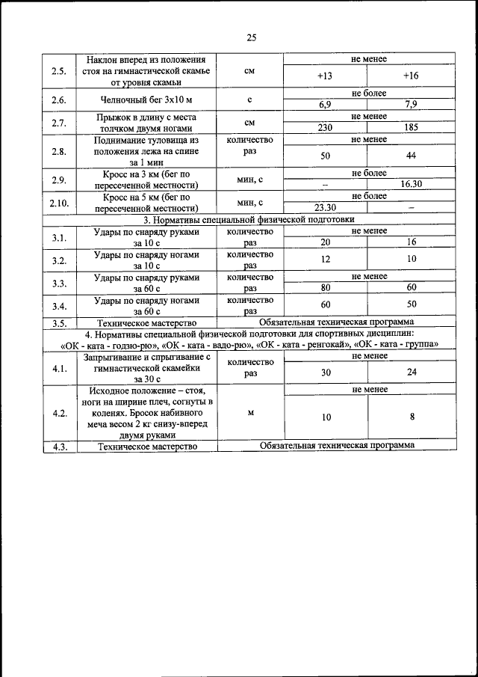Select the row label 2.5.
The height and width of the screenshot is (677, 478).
[x=58, y=71]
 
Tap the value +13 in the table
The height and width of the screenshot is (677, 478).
[x=325, y=76]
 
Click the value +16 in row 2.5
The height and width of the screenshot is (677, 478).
[x=411, y=76]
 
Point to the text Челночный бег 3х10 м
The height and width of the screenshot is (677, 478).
[x=146, y=99]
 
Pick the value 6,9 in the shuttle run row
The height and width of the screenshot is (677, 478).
[x=325, y=104]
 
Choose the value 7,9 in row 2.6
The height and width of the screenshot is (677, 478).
[x=411, y=104]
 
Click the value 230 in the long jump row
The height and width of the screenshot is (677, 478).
[x=325, y=127]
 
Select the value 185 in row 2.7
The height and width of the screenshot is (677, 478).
[x=411, y=127]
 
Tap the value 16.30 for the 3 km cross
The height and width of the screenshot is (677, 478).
[x=411, y=184]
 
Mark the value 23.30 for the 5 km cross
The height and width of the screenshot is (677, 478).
[x=325, y=208]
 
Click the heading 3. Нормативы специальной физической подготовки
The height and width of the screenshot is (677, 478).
[x=249, y=219]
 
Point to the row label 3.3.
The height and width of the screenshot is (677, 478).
[x=58, y=283]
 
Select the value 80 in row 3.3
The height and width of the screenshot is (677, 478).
[x=325, y=287]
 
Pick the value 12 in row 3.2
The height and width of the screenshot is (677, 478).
[x=325, y=259]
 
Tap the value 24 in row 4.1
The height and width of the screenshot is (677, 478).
[x=411, y=372]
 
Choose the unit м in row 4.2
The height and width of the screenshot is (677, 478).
[x=250, y=412]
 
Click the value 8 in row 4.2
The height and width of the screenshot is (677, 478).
[x=411, y=417]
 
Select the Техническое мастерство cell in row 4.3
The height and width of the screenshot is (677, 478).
[x=147, y=446]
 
